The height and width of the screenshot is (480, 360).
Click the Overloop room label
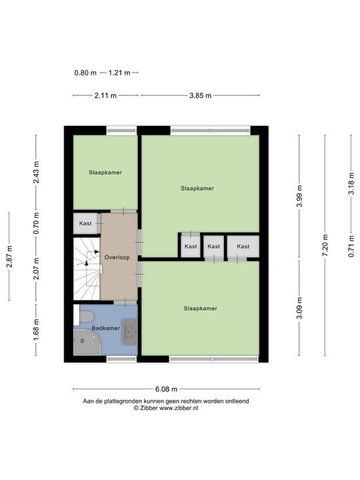(x=117, y=257)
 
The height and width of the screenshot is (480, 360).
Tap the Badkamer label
(x=105, y=328)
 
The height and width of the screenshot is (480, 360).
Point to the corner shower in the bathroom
(x=87, y=342)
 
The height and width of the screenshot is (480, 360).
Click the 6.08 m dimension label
(x=166, y=389)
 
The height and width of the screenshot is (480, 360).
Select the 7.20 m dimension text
(x=325, y=245)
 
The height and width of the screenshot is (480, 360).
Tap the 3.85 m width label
(x=200, y=95)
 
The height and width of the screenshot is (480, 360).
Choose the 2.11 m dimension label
(x=105, y=95)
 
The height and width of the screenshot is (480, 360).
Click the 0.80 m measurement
(x=85, y=73)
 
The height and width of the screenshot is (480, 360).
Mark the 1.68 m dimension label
(x=36, y=329)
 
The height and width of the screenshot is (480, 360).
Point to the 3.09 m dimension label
(x=299, y=308)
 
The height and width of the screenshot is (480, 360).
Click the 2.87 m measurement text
(x=9, y=257)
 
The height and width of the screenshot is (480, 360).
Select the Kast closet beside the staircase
(x=85, y=223)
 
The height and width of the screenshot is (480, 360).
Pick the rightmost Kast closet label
(x=243, y=247)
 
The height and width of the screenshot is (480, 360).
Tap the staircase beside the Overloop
(x=87, y=269)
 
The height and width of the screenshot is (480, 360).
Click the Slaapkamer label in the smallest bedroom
(x=105, y=173)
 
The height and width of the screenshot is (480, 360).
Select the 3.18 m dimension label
(x=352, y=183)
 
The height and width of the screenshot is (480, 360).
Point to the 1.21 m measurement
(x=119, y=73)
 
